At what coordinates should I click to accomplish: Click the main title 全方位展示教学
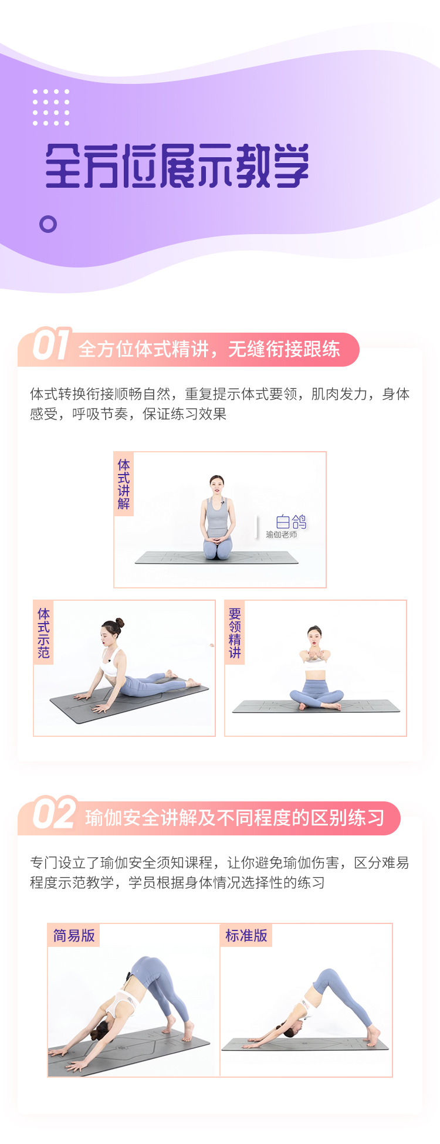click(x=177, y=166)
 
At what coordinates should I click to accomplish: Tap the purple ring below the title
click(x=48, y=224)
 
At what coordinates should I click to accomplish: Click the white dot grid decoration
click(x=51, y=107)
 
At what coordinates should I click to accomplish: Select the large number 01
click(x=51, y=344)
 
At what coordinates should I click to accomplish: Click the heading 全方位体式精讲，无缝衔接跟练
click(x=209, y=350)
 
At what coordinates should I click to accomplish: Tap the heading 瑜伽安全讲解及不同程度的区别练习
click(x=235, y=818)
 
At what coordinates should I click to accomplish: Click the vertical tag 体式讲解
click(x=124, y=484)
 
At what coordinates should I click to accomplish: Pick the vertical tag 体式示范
click(x=44, y=632)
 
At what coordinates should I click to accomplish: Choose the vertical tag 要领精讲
click(x=235, y=632)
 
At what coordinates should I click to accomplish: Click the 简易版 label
click(x=74, y=935)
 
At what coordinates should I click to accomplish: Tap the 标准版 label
click(x=246, y=935)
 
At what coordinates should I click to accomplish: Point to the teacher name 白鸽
click(x=291, y=522)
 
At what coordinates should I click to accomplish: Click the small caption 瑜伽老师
click(x=282, y=535)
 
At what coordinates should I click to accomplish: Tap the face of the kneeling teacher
click(x=217, y=486)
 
